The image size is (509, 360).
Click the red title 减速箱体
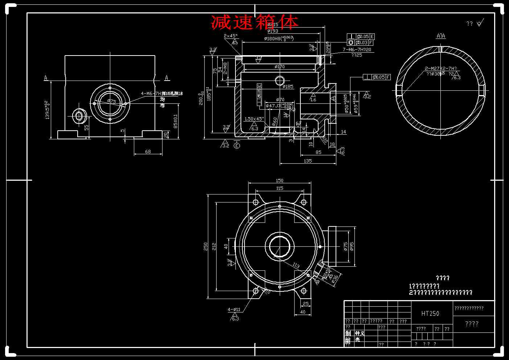click(255, 22)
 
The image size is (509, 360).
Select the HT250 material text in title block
click(430, 314)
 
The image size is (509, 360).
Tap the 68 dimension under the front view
click(148, 151)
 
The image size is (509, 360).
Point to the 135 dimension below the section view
click(307, 161)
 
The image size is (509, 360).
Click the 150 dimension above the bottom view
click(279, 180)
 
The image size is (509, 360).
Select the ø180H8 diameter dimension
click(279, 38)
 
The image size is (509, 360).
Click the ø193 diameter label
click(273, 31)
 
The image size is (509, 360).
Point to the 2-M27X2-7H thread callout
click(441, 68)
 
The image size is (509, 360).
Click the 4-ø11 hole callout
click(234, 310)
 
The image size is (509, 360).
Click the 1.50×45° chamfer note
click(254, 119)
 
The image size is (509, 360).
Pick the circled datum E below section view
click(237, 146)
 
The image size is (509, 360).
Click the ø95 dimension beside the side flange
click(352, 246)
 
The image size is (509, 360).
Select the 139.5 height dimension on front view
click(47, 110)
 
